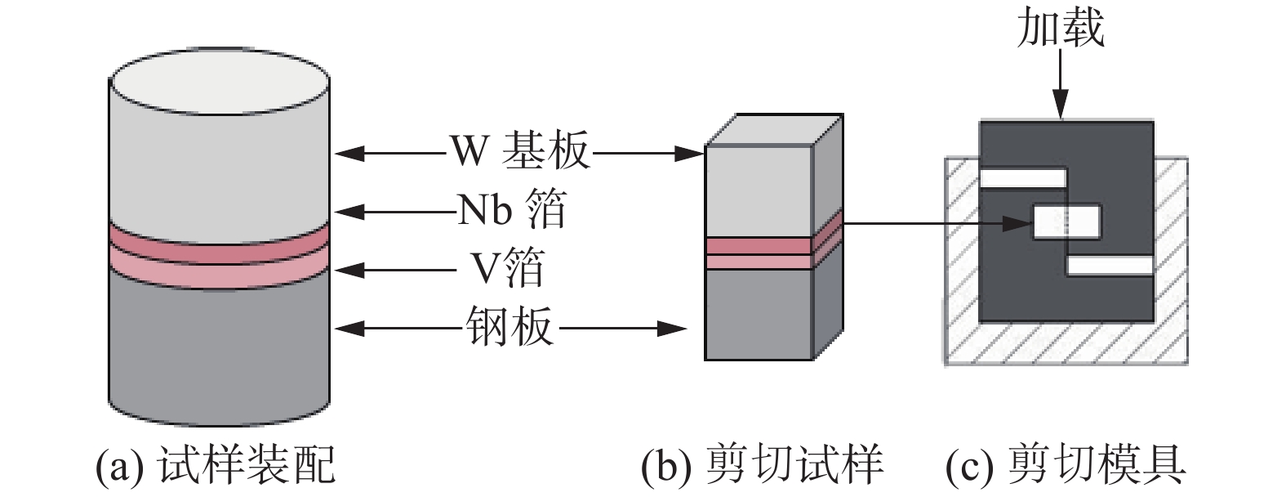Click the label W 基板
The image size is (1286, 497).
click(519, 151)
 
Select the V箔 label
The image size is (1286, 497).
click(506, 268)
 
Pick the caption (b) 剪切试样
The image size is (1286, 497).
click(762, 465)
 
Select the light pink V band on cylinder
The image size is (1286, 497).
click(219, 271)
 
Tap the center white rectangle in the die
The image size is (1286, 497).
click(1067, 222)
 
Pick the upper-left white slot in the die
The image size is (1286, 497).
click(1023, 178)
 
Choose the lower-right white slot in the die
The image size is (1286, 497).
click(1110, 266)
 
